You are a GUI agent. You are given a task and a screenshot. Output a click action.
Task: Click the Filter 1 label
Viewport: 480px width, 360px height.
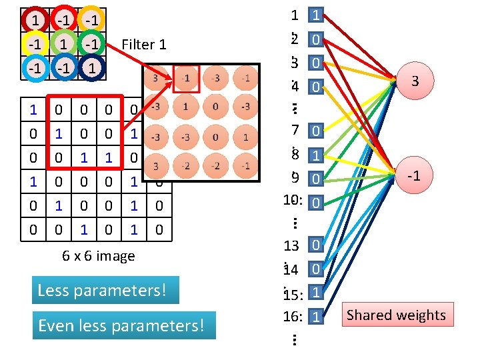(x=144, y=45)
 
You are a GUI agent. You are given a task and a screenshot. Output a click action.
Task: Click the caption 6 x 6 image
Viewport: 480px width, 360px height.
(x=99, y=256)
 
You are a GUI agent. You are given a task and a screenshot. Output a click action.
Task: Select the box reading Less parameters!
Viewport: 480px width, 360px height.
(x=105, y=291)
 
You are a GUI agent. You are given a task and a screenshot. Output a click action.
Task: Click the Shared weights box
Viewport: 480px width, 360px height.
(x=396, y=315)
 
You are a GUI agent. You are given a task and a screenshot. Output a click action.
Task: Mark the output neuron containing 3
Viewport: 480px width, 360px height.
(x=415, y=81)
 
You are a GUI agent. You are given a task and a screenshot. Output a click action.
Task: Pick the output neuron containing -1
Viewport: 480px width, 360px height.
(x=415, y=176)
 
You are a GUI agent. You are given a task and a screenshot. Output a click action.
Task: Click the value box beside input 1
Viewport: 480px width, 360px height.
(x=316, y=14)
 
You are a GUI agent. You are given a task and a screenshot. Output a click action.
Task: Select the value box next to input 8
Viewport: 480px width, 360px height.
(x=316, y=155)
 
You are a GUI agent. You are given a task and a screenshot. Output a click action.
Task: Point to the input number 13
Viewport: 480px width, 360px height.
(x=291, y=246)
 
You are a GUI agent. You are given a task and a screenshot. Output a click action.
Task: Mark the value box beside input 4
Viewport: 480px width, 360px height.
(x=316, y=86)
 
